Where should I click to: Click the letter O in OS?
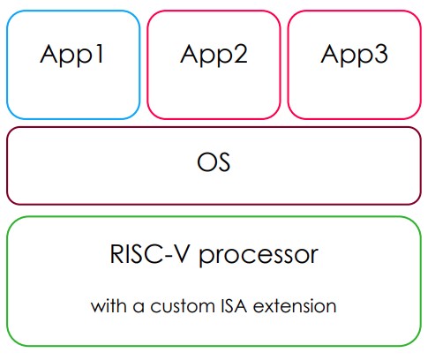tap(205, 164)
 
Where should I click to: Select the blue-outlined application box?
tap(72, 88)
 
